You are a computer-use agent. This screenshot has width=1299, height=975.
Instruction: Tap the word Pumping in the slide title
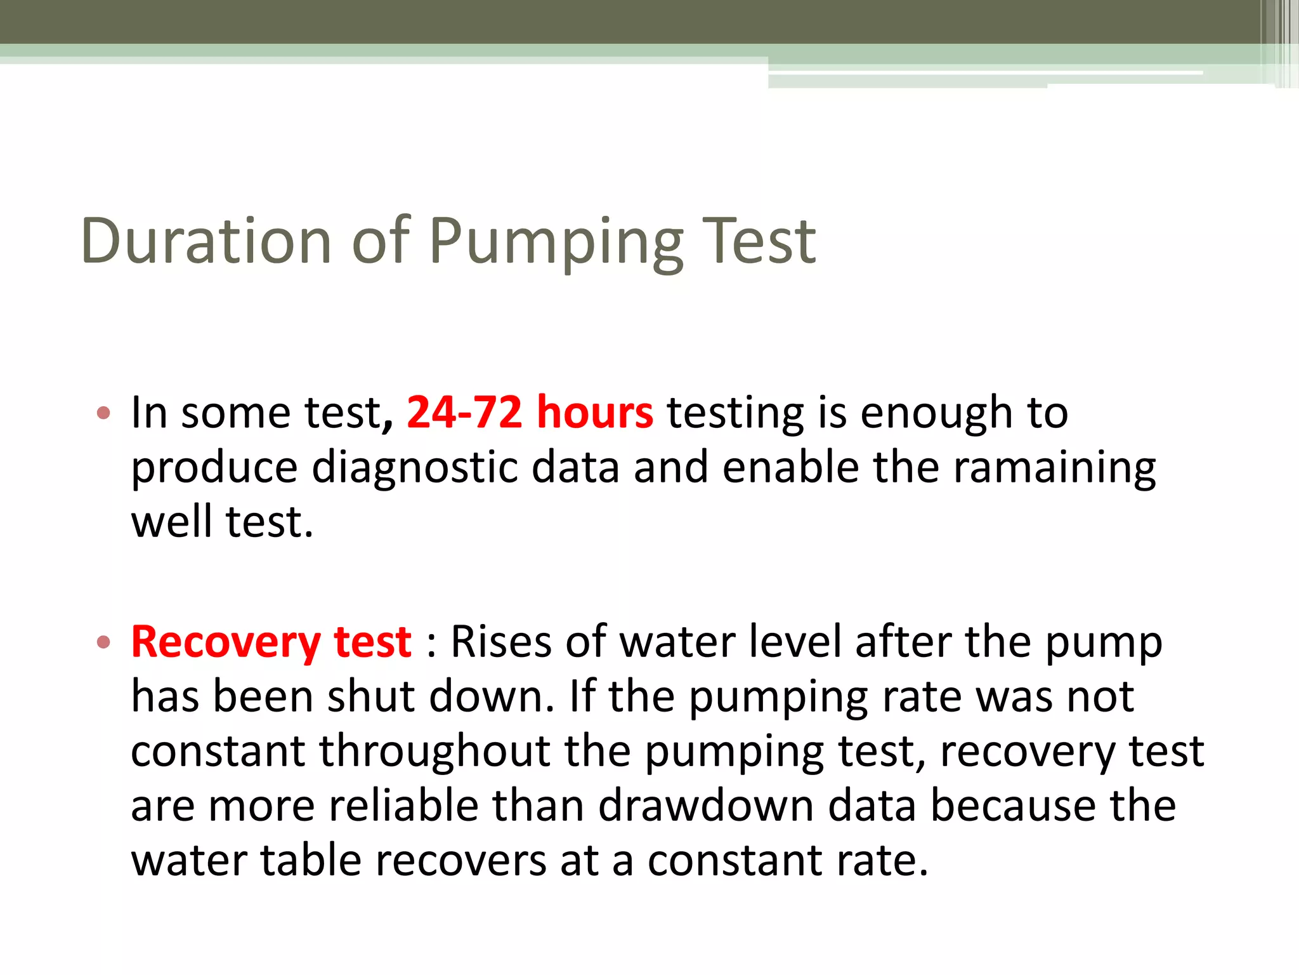[556, 244]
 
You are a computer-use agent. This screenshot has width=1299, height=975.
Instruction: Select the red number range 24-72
[464, 413]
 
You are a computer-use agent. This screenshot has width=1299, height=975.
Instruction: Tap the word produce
[214, 468]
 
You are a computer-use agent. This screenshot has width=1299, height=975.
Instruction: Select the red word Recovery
[226, 642]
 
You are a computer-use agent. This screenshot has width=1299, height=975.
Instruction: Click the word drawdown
[706, 806]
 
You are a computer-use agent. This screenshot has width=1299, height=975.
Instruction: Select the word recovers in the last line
[461, 862]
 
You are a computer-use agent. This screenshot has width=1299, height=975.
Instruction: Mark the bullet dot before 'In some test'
[104, 414]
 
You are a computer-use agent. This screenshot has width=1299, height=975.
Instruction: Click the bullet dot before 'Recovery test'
[104, 643]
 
